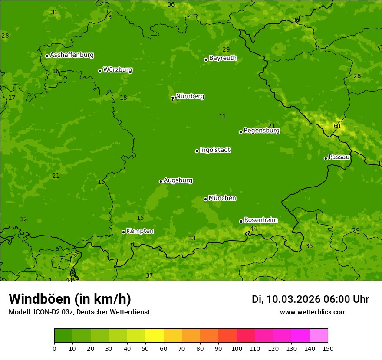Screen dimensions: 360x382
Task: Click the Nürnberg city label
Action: point(190,96)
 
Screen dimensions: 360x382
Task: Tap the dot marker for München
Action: point(206,199)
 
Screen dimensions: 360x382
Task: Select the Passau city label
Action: point(339,157)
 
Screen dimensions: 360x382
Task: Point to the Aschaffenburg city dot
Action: point(47,56)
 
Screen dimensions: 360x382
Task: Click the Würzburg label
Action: point(118,70)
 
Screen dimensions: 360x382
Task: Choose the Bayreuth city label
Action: point(223,58)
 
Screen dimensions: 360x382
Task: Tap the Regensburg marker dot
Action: point(240,132)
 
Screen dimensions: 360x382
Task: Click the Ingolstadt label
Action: point(215,150)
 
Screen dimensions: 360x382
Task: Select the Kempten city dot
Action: point(123,232)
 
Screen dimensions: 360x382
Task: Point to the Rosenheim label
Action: point(260,220)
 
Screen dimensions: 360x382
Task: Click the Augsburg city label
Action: point(178,180)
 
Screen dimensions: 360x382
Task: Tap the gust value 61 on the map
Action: point(337,126)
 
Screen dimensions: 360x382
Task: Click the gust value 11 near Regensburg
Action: point(222,116)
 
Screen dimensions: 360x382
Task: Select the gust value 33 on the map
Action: point(192,238)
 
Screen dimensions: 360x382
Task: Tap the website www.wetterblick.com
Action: point(313,312)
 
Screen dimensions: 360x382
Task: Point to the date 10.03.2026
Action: point(293,299)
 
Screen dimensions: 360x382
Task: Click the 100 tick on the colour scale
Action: point(237,348)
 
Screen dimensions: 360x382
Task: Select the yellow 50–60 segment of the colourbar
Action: point(155,336)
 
